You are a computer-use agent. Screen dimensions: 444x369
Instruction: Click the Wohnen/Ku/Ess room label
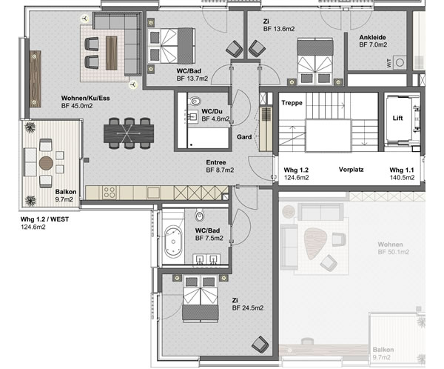(86, 98)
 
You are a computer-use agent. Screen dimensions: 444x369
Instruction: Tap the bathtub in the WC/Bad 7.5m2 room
(173, 242)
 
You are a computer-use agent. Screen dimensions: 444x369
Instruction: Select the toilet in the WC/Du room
(195, 101)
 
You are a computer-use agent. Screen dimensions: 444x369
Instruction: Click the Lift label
(397, 118)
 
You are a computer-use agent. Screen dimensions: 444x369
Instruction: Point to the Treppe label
(292, 103)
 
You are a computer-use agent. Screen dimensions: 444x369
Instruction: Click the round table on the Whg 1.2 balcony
(46, 163)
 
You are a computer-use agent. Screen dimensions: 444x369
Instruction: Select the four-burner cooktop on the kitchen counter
(110, 193)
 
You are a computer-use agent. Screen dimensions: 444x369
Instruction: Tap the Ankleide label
(372, 38)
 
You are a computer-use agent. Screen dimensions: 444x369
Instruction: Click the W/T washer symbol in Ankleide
(400, 62)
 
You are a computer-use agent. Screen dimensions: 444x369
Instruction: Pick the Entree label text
(216, 162)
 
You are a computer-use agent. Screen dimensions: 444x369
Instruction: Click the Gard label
(244, 137)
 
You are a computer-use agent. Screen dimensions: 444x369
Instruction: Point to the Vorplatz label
(351, 170)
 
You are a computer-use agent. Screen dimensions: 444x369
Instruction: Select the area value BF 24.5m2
(248, 308)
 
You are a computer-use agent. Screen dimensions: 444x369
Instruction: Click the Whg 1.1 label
(402, 170)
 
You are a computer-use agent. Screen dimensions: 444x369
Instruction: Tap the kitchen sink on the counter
(153, 193)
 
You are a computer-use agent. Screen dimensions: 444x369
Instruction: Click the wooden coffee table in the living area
(111, 53)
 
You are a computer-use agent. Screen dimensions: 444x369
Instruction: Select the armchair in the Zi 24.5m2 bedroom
(260, 345)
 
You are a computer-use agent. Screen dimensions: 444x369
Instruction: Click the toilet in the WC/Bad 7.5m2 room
(199, 216)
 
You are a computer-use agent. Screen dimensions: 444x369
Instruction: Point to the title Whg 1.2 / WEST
(44, 219)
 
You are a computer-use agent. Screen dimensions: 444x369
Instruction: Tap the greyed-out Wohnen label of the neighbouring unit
(390, 245)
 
